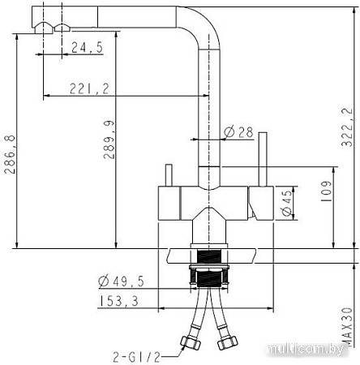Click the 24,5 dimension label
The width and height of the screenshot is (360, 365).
click(x=87, y=48)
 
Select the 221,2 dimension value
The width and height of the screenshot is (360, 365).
click(x=89, y=88)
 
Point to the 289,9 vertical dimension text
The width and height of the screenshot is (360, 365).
click(x=109, y=140)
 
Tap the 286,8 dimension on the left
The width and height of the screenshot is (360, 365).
click(x=10, y=154)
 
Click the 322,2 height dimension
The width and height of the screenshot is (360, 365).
click(x=347, y=127)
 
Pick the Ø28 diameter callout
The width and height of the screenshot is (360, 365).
click(x=238, y=132)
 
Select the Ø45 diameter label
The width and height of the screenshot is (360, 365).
click(x=287, y=203)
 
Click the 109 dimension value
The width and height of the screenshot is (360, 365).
click(x=326, y=191)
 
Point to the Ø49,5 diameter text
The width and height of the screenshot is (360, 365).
click(x=121, y=281)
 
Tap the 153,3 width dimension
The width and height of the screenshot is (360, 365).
click(x=119, y=301)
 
